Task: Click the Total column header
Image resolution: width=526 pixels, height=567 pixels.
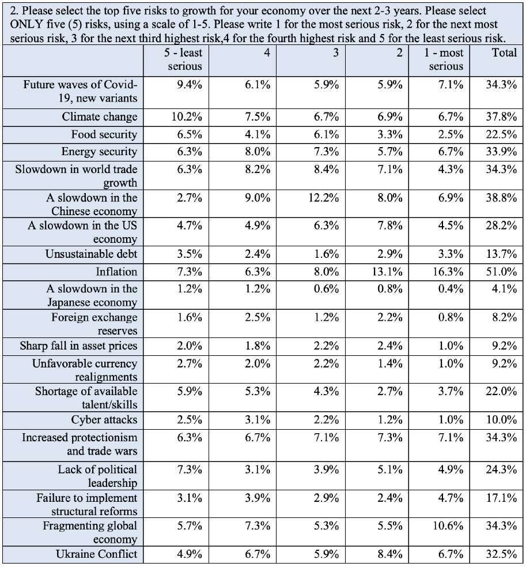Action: coord(504,53)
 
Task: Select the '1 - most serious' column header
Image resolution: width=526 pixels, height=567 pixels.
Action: coord(444,59)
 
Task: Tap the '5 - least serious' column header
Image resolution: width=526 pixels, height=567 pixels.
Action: coord(183,59)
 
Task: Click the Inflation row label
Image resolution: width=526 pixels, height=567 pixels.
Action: coord(116,272)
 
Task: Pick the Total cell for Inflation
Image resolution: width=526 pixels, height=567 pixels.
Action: coord(501,272)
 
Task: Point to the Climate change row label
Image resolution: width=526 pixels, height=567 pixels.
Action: coord(99,117)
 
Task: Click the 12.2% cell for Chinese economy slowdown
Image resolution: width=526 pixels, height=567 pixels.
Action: coord(324,198)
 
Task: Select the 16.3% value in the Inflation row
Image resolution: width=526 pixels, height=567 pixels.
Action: coord(448,272)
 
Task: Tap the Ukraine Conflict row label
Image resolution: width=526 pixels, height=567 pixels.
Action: coord(96,554)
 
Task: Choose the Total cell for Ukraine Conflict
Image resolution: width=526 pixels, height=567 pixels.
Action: coord(501,554)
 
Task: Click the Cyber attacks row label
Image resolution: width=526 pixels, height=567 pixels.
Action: coord(104,419)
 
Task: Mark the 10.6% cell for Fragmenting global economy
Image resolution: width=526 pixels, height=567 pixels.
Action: coord(448,525)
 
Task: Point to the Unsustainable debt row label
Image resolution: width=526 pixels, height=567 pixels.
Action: coord(92,254)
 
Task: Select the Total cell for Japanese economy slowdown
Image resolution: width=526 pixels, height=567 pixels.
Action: coord(504,288)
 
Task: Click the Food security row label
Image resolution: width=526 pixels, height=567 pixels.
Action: coord(104,134)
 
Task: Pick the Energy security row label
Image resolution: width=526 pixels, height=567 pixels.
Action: coord(99,152)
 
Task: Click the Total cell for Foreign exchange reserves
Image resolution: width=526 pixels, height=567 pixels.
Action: coord(504,317)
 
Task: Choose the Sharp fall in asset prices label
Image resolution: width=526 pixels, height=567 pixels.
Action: coord(78,346)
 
